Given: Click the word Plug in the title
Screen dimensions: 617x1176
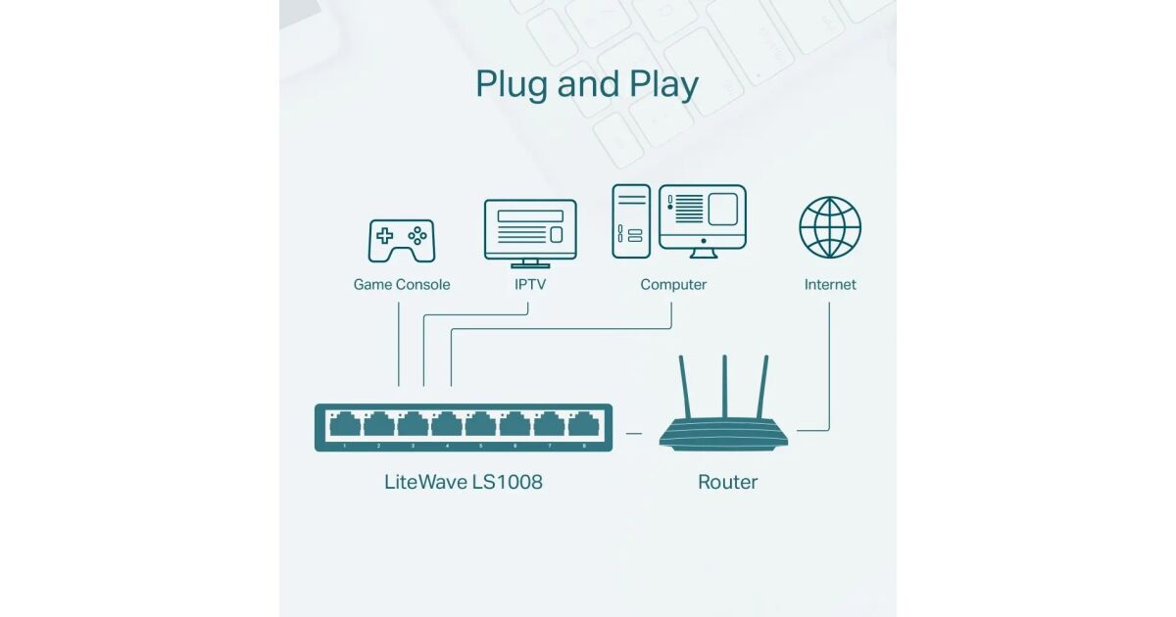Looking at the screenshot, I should (x=512, y=86).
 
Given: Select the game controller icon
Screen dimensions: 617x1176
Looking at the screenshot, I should (x=401, y=240).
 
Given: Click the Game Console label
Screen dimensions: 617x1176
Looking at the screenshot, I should (x=402, y=285).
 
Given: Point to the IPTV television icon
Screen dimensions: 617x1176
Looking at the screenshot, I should (x=530, y=231).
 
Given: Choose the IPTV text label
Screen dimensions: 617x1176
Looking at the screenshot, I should (x=530, y=285).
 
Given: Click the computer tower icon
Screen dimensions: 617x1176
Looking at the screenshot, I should (x=631, y=221).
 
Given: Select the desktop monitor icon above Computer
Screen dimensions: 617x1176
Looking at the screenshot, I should (x=702, y=217).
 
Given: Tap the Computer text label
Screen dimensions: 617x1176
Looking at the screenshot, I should (x=673, y=285).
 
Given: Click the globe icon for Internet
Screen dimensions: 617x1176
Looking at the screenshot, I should (x=830, y=227).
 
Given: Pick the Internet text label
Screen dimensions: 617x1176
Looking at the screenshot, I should (x=830, y=285).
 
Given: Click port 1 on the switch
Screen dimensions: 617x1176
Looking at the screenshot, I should (x=345, y=425).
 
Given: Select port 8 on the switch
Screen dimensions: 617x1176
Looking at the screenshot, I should (x=583, y=425).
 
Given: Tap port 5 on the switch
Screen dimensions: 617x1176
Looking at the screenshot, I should (x=480, y=425).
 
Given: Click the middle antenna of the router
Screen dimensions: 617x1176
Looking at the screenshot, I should (x=724, y=387).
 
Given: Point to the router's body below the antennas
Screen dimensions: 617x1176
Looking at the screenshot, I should (x=723, y=434).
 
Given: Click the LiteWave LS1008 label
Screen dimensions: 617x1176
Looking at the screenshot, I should (x=464, y=482).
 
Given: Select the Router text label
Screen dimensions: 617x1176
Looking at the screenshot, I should (x=727, y=482).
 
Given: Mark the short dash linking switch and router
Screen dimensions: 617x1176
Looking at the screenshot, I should (x=633, y=432).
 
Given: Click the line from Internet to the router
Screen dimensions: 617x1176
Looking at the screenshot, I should (x=829, y=372).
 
